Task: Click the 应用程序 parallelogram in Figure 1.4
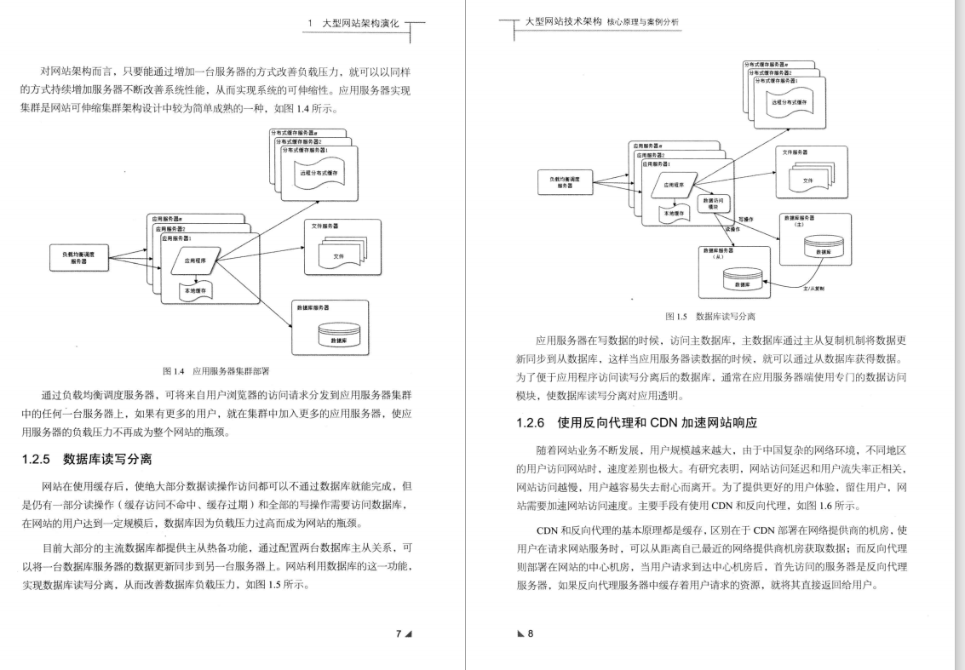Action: coord(196,261)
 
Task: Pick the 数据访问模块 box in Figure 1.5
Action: coord(713,203)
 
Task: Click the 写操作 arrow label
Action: coord(747,219)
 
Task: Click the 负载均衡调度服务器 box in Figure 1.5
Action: coord(566,184)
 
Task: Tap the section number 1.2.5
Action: coord(37,460)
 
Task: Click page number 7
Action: coord(399,633)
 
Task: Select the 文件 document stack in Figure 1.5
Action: coord(807,180)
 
